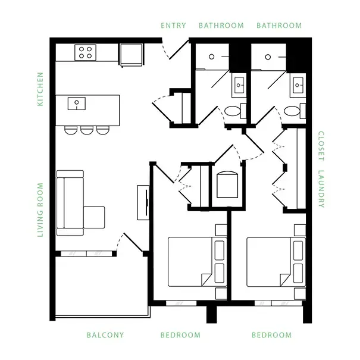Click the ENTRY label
click(x=173, y=25)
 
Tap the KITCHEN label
click(x=40, y=89)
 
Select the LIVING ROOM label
click(x=40, y=210)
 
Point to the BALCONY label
click(x=105, y=335)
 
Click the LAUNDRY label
click(x=321, y=189)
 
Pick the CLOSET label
click(x=321, y=146)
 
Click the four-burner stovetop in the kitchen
click(x=86, y=52)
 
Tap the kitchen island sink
click(x=77, y=104)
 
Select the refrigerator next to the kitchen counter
click(x=132, y=55)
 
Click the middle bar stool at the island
click(x=87, y=130)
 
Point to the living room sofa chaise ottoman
click(x=94, y=217)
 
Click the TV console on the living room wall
click(x=143, y=202)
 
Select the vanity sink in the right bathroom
click(x=298, y=85)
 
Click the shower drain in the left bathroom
click(x=211, y=57)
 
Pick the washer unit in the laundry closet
click(x=227, y=184)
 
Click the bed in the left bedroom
click(x=198, y=262)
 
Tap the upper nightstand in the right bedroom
click(x=300, y=230)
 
